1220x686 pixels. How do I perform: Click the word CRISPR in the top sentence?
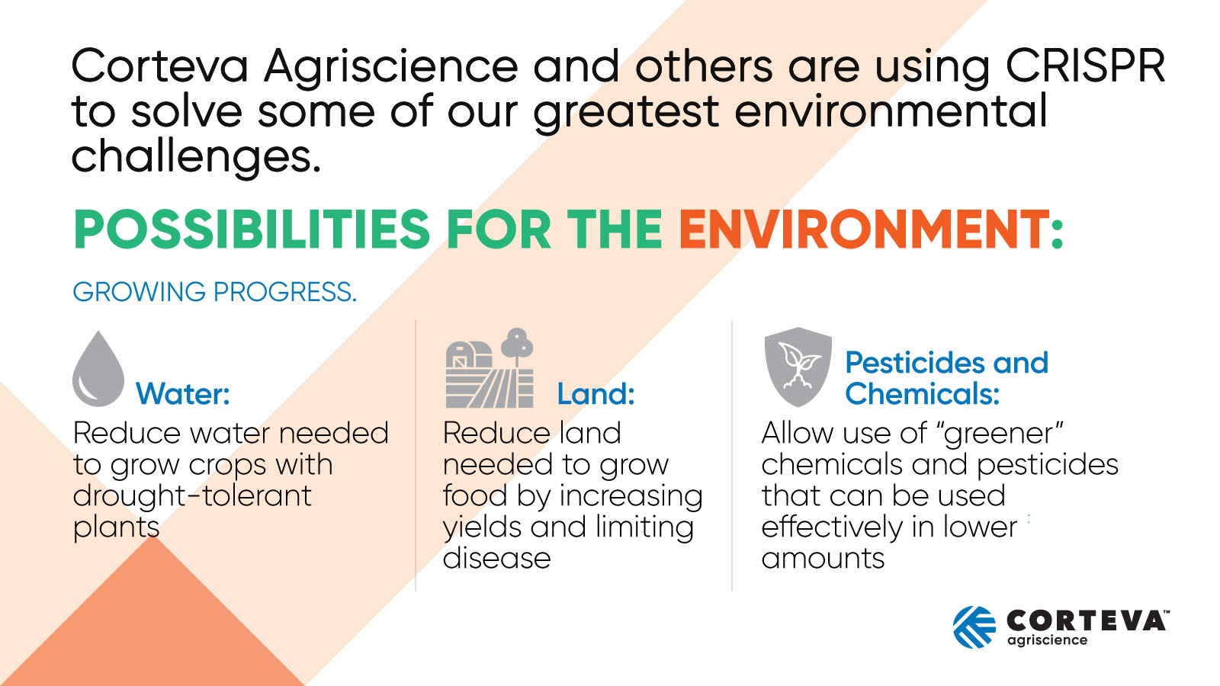1085,66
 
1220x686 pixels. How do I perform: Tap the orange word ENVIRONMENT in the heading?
865,229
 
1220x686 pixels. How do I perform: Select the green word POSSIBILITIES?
252,229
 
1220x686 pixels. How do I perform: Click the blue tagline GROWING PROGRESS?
214,292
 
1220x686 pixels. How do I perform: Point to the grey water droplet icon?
98,369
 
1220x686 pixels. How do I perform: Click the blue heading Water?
182,393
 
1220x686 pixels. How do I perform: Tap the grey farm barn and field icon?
489,368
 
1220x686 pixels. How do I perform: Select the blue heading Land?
596,393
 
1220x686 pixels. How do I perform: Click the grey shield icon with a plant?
798,367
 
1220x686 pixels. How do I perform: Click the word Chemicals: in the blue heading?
922,393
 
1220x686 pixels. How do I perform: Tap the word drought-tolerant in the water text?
192,495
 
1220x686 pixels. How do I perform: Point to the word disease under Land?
496,558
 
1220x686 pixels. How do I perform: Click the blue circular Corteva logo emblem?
974,627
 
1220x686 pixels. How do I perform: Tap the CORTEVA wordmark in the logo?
1086,620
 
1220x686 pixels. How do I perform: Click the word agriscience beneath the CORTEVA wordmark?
1047,640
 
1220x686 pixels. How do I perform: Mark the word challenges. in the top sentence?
196,157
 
